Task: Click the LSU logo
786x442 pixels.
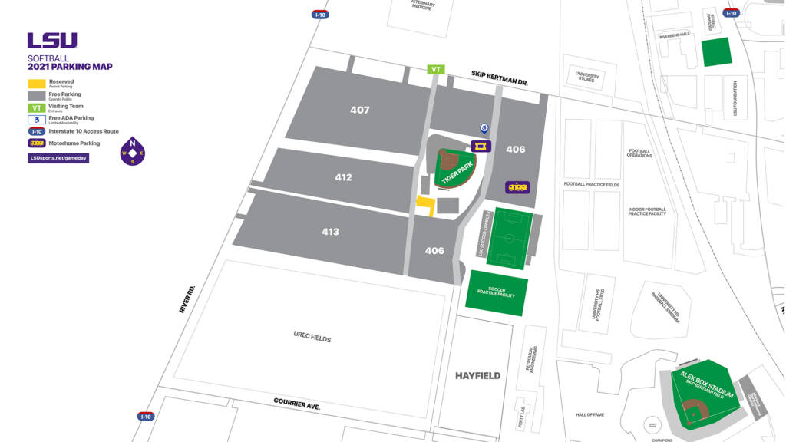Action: (x=52, y=41)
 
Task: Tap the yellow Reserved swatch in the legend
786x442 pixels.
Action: (x=36, y=83)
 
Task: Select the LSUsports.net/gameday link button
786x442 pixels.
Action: (x=58, y=158)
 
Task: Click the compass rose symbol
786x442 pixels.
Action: (x=133, y=152)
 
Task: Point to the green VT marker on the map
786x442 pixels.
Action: (x=436, y=69)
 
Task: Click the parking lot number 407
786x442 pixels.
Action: (x=360, y=110)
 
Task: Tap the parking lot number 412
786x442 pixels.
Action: (x=344, y=177)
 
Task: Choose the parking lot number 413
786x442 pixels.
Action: (x=330, y=232)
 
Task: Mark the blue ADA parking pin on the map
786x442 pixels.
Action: (x=484, y=128)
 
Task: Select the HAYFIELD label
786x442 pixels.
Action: (x=477, y=375)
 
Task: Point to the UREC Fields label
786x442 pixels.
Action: (x=312, y=336)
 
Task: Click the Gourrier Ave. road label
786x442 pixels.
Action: (x=297, y=404)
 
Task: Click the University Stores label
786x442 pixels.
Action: (x=586, y=76)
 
